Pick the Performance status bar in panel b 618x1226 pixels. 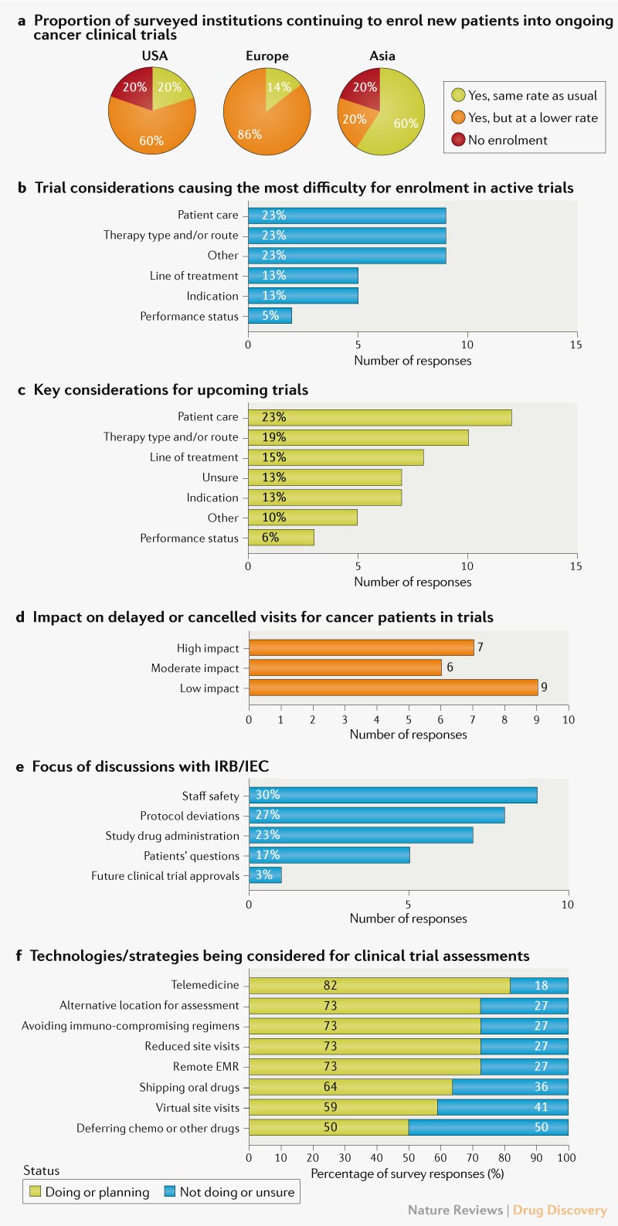click(270, 316)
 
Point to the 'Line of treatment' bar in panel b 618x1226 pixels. click(303, 276)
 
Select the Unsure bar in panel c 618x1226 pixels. click(324, 477)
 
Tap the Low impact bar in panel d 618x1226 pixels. click(393, 688)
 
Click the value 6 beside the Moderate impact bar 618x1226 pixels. click(450, 667)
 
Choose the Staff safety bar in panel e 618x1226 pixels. click(392, 795)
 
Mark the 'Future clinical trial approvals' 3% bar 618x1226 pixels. click(265, 875)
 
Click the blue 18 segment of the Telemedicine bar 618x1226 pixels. click(539, 985)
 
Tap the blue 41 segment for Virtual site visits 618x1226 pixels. click(503, 1107)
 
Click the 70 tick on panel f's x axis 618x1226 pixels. click(472, 1158)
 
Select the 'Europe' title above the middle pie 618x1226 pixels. click(267, 56)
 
